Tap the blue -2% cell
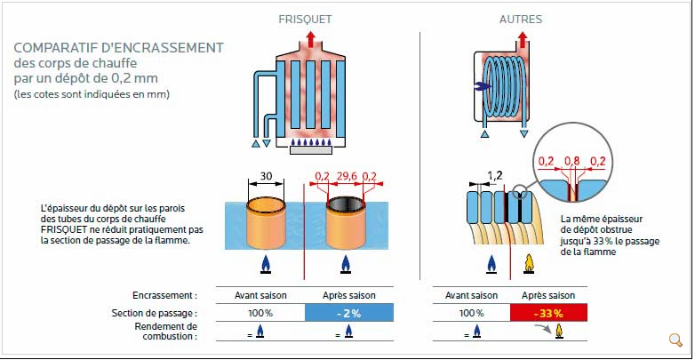(347, 313)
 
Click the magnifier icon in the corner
(675, 340)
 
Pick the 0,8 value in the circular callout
(573, 161)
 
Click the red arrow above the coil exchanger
(522, 38)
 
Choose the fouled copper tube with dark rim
(346, 222)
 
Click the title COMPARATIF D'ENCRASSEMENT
(118, 48)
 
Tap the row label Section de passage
(154, 313)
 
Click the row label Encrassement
(164, 294)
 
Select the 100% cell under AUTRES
(471, 313)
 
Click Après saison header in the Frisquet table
(347, 294)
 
